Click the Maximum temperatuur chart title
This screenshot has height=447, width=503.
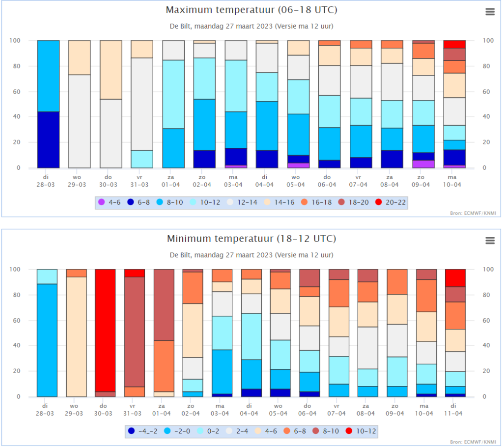pyautogui.click(x=251, y=10)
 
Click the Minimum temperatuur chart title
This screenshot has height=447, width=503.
pyautogui.click(x=251, y=239)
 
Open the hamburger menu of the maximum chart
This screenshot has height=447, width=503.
pyautogui.click(x=490, y=12)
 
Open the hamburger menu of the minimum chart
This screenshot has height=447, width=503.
pyautogui.click(x=490, y=240)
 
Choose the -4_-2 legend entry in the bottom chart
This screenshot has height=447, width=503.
pyautogui.click(x=142, y=431)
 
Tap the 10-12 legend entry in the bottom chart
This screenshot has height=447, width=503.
pyautogui.click(x=361, y=431)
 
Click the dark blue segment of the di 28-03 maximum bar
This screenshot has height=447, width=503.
pyautogui.click(x=48, y=140)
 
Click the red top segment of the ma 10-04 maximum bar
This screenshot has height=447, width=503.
pyautogui.click(x=454, y=44)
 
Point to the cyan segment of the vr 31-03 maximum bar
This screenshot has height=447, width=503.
pyautogui.click(x=141, y=159)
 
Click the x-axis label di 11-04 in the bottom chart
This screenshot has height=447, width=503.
pyautogui.click(x=455, y=410)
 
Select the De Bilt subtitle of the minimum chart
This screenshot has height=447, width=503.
pyautogui.click(x=251, y=255)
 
